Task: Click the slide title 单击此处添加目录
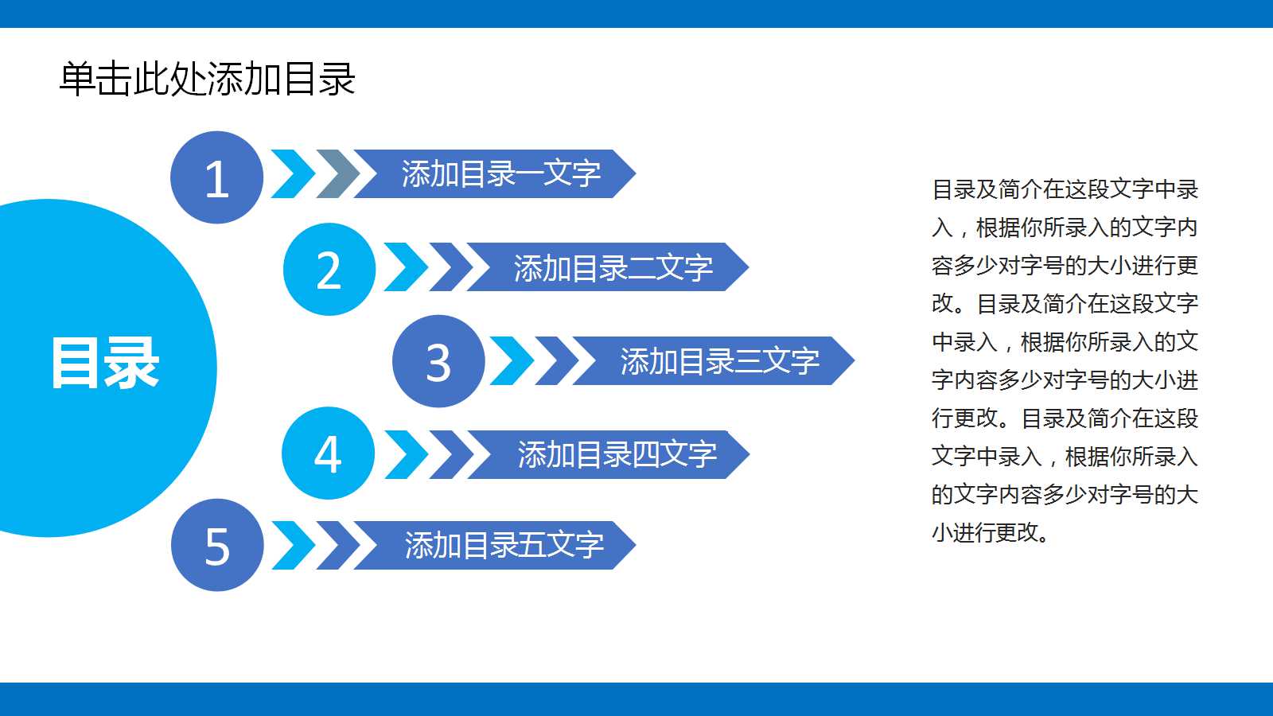click(x=207, y=79)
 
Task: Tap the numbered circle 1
click(x=216, y=177)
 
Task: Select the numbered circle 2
click(x=329, y=270)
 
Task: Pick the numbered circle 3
click(x=438, y=362)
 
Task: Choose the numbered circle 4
click(x=328, y=453)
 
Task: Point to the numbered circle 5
click(x=217, y=546)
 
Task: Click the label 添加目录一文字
click(x=500, y=173)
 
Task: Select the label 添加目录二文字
click(x=613, y=267)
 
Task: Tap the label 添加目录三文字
click(x=719, y=361)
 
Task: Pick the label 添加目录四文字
click(x=617, y=454)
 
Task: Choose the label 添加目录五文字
click(x=504, y=546)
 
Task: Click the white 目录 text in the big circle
click(x=105, y=364)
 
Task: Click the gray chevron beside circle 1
click(x=339, y=173)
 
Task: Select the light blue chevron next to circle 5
click(x=294, y=546)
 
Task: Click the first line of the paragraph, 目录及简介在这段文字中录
click(x=1065, y=189)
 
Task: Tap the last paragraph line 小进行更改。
click(x=991, y=532)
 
